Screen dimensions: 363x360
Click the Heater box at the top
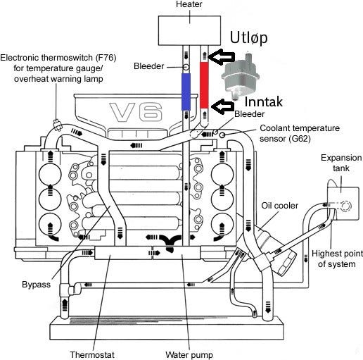click(x=189, y=30)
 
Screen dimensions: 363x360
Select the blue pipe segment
click(x=186, y=92)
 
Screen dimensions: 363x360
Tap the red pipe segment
click(x=204, y=85)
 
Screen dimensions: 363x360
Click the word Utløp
click(x=248, y=37)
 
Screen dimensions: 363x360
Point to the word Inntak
click(x=263, y=101)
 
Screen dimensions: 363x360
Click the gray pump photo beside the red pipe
click(x=241, y=75)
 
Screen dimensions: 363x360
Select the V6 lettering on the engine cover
click(x=136, y=112)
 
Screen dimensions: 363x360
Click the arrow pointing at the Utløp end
click(x=222, y=57)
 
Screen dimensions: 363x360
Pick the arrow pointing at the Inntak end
click(x=223, y=106)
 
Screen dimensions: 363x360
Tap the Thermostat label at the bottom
click(x=92, y=354)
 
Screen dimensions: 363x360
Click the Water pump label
click(x=189, y=354)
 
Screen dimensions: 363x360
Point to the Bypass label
click(x=36, y=285)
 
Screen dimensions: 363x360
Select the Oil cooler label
click(x=279, y=206)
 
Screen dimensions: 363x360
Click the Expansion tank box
click(x=343, y=204)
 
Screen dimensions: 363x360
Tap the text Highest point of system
click(x=337, y=259)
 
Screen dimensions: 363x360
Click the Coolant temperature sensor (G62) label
click(x=300, y=133)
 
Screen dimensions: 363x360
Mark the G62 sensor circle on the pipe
click(x=222, y=135)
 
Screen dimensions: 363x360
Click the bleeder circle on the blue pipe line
click(x=186, y=67)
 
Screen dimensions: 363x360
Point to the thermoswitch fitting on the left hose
click(x=57, y=125)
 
